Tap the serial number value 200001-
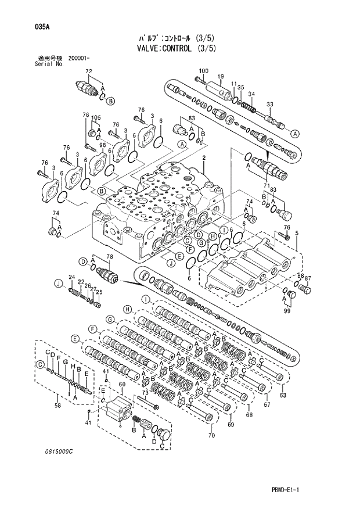tap(82, 58)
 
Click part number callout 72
tap(89, 71)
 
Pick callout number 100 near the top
tap(203, 71)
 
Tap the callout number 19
tap(221, 77)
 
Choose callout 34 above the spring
tap(251, 94)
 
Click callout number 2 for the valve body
tap(204, 158)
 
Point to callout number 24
tap(72, 277)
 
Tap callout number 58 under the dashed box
tap(56, 406)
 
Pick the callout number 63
tap(283, 396)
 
